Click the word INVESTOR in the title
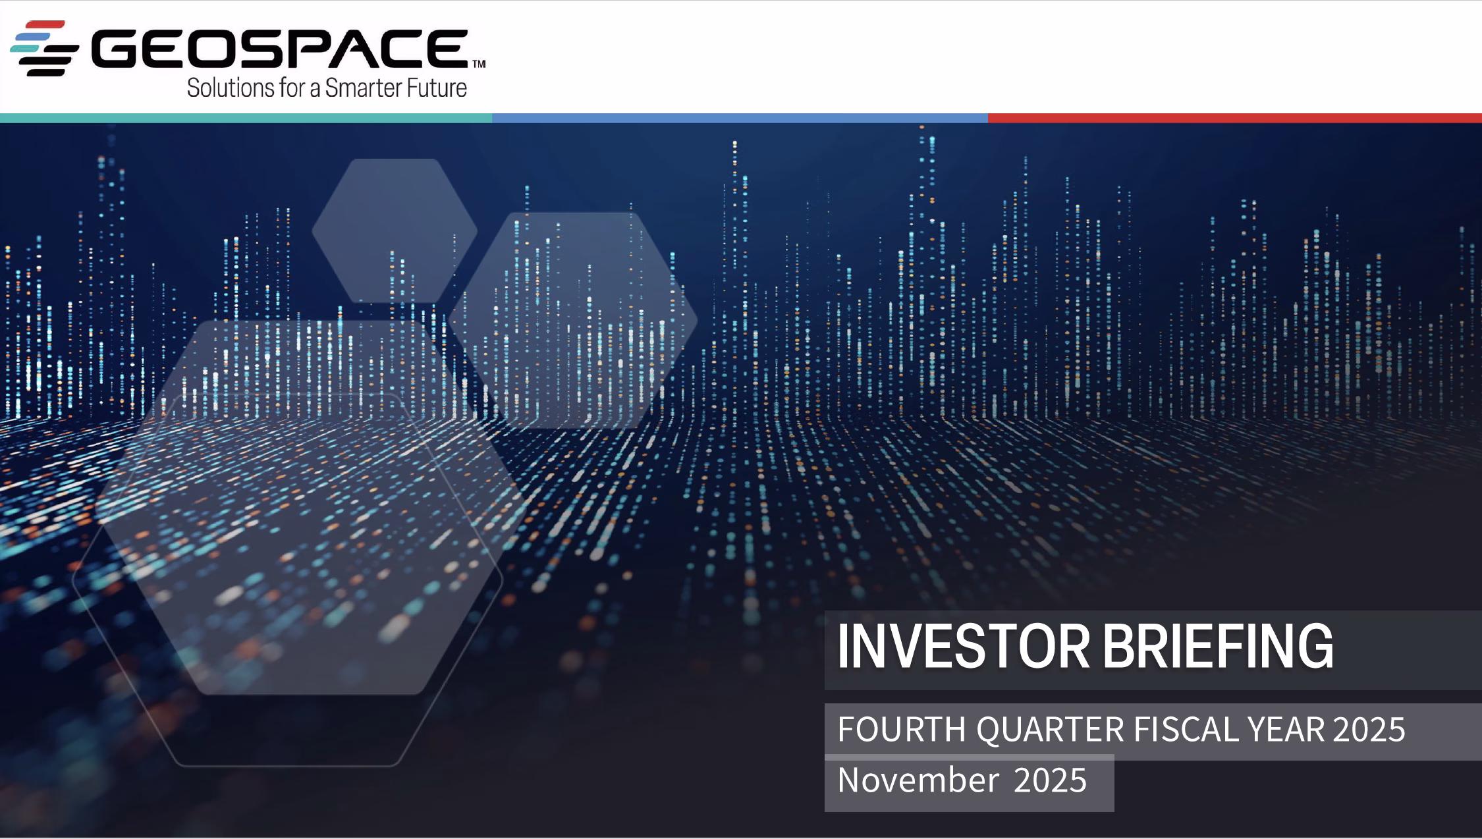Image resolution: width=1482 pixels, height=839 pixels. point(963,647)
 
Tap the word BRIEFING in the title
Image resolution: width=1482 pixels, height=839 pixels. point(1218,647)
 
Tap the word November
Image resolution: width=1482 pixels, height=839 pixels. point(918,780)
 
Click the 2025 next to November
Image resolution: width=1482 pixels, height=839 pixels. point(1050,780)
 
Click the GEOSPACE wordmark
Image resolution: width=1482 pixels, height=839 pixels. point(279,49)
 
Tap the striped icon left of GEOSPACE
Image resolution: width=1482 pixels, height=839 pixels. point(45,48)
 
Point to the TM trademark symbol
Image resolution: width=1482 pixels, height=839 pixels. point(479,64)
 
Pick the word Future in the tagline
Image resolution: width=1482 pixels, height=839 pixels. point(433,88)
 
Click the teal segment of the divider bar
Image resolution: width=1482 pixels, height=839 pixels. point(246,118)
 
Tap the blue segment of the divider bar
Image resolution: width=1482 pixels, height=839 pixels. point(740,118)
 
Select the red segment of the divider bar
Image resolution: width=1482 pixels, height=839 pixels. point(1235,118)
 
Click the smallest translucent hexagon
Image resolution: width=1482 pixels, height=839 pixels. point(395,230)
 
